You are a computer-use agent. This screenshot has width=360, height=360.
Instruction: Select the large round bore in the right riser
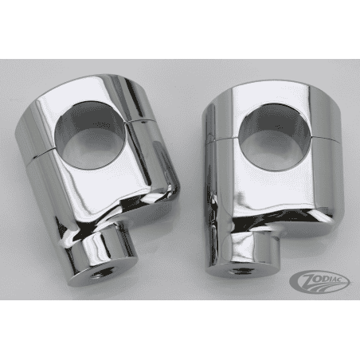coord(266,129)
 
